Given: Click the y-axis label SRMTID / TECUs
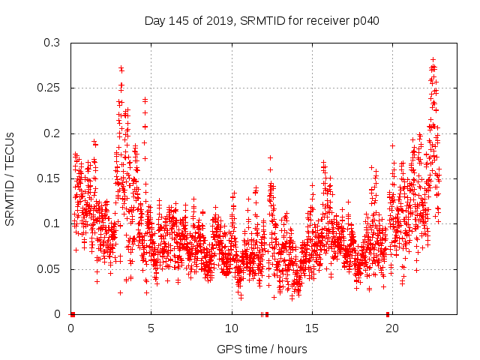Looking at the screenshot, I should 10,178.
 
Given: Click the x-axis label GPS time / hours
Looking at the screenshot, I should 262,349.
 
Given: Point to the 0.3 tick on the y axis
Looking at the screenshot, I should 52,43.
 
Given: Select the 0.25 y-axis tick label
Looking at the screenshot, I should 49,88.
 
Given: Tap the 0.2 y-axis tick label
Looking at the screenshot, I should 52,133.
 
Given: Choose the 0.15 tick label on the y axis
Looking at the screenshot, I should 49,178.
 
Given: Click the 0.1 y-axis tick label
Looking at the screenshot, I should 52,223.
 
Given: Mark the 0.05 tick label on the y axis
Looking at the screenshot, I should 49,269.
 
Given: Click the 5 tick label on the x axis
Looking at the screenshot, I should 151,328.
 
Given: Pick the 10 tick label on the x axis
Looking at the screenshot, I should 232,328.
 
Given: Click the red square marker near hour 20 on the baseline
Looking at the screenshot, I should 388,313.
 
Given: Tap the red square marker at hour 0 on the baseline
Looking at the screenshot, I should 73,313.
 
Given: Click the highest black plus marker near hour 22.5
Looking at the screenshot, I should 433,58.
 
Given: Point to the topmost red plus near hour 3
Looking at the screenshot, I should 121,67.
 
